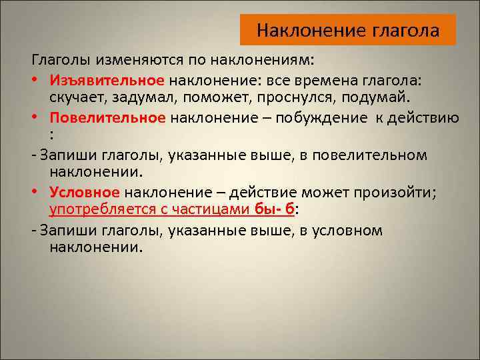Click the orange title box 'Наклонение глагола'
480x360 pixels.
coord(347,30)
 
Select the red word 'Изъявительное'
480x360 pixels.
coord(106,81)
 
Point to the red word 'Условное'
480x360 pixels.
coord(84,193)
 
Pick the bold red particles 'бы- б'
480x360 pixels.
coord(274,211)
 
